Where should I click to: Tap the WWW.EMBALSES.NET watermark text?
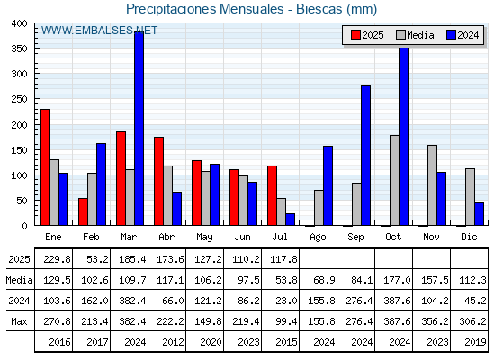click(99, 31)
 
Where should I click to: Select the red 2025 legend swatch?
click(355, 35)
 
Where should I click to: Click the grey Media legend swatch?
click(400, 35)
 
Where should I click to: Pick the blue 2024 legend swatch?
click(451, 35)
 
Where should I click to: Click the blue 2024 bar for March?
click(139, 129)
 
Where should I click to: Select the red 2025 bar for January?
click(45, 167)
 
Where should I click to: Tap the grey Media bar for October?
click(394, 180)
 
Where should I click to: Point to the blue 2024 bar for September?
click(365, 156)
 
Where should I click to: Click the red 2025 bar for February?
click(83, 211)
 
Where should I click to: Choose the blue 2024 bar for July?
click(290, 220)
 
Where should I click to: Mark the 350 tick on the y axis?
click(19, 49)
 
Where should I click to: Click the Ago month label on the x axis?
click(318, 238)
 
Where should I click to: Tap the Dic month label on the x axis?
click(469, 237)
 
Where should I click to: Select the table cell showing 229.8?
click(57, 259)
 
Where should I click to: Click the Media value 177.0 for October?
click(397, 280)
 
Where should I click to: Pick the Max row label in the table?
click(19, 321)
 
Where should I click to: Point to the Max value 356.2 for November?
click(435, 321)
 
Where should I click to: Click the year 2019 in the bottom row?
click(475, 342)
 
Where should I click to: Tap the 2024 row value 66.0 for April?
click(173, 301)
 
